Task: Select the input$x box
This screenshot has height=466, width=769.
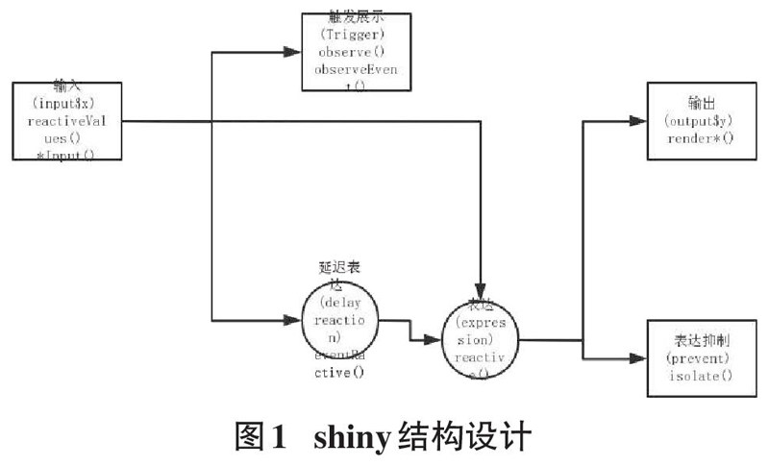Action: pos(67,121)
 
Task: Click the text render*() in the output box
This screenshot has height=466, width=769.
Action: pos(699,138)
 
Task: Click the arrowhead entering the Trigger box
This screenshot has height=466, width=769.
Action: pos(294,48)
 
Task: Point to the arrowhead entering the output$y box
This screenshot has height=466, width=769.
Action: pos(637,121)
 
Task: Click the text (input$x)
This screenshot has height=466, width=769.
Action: pos(66,102)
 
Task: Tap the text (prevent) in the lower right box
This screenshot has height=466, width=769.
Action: pos(699,357)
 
